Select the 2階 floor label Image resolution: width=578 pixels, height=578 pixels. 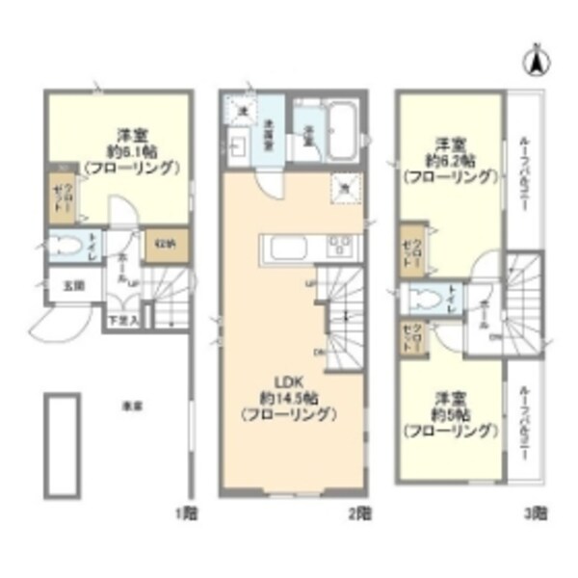point(358,512)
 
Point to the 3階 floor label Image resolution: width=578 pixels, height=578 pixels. point(537,512)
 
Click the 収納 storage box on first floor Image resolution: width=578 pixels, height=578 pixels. point(164,245)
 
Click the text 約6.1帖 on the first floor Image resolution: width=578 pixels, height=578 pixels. point(131,151)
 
